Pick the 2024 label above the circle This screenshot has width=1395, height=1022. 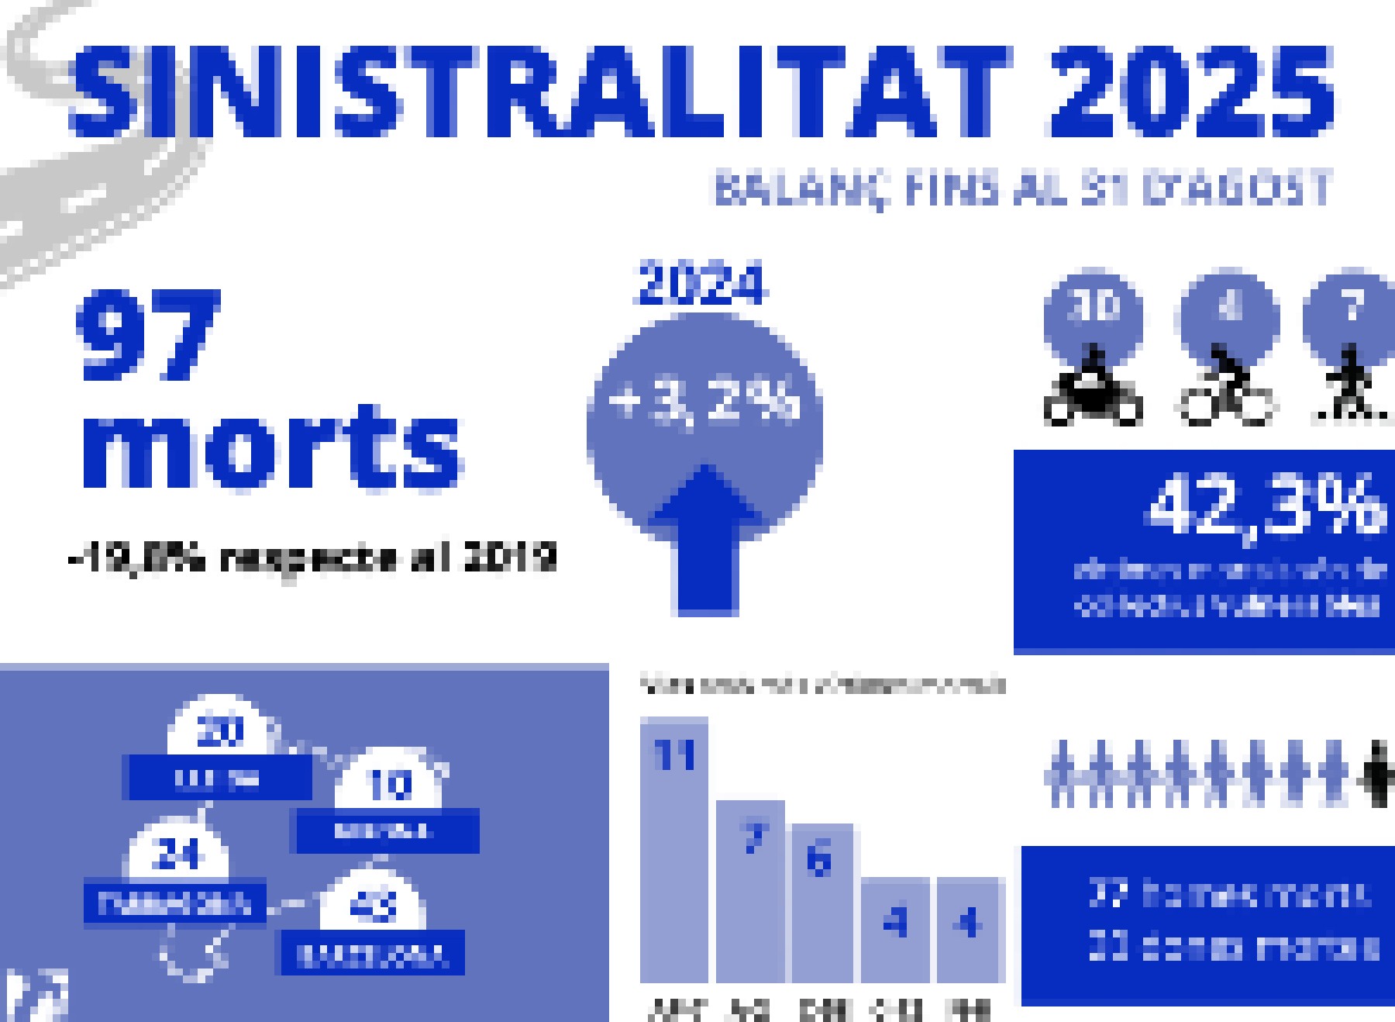pos(702,285)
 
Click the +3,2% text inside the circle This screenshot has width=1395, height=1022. pos(704,403)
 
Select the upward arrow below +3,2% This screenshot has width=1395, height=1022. pos(706,543)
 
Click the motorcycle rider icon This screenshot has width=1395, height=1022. pos(1093,392)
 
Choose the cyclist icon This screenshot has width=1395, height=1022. pos(1227,392)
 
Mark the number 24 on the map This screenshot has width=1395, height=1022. pos(177,855)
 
